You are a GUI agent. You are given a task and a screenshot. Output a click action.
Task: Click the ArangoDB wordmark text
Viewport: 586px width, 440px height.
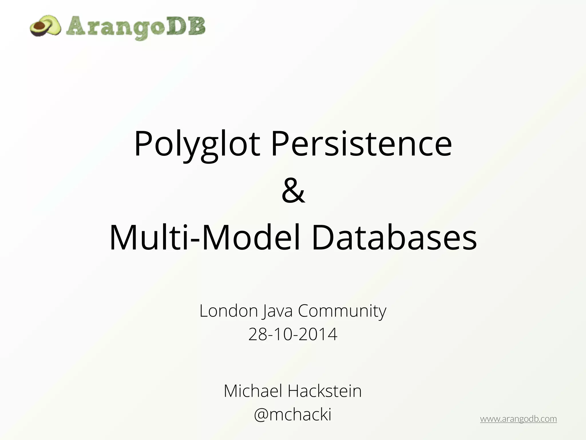(136, 27)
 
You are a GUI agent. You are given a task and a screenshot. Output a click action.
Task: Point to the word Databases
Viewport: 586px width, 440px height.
(394, 238)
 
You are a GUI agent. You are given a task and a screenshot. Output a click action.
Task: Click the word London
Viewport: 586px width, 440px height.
(229, 311)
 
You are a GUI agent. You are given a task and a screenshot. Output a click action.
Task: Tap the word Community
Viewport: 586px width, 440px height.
(342, 311)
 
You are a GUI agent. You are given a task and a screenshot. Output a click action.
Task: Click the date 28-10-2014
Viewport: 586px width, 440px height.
(293, 334)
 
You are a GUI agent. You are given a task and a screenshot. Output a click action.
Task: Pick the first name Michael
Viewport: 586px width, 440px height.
(253, 391)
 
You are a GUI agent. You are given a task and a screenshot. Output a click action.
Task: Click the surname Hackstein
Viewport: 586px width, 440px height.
(324, 391)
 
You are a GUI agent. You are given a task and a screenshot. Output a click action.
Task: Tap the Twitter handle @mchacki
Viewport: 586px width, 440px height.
(293, 414)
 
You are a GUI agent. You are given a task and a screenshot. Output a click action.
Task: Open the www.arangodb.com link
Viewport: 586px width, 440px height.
(518, 419)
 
